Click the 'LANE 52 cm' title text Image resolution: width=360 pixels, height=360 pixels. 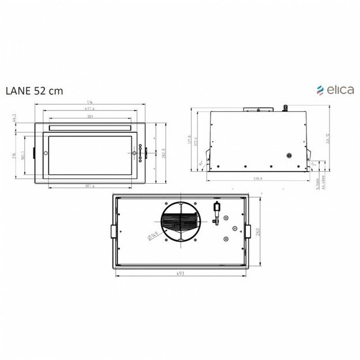click(x=34, y=90)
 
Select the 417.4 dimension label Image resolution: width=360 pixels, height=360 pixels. click(x=89, y=109)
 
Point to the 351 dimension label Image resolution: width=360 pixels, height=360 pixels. click(x=90, y=116)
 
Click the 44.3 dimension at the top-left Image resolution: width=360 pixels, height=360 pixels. click(x=14, y=119)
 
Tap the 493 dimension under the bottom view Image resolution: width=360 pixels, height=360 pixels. click(x=180, y=274)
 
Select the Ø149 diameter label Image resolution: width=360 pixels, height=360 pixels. click(x=153, y=234)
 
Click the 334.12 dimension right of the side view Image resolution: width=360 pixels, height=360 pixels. click(x=327, y=140)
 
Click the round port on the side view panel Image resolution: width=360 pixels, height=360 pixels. click(x=289, y=155)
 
